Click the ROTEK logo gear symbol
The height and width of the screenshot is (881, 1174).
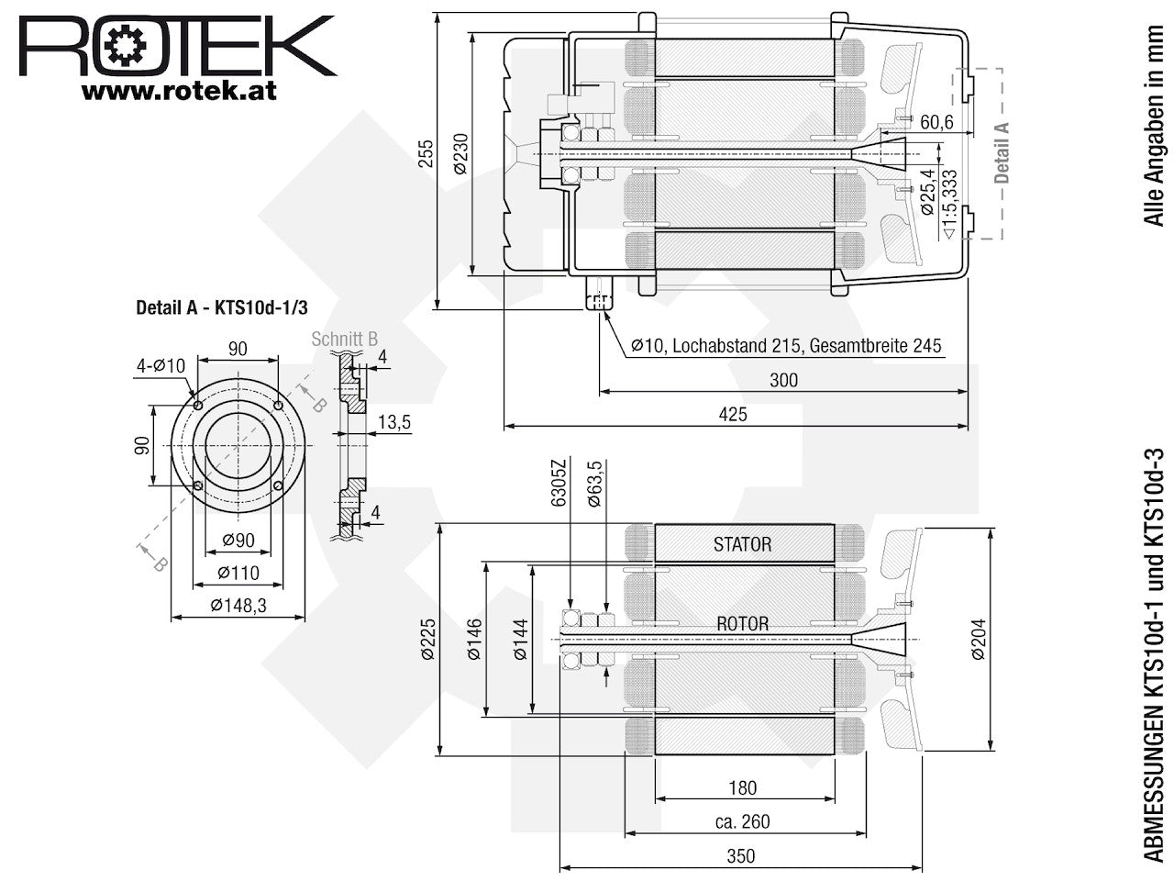pyautogui.click(x=125, y=46)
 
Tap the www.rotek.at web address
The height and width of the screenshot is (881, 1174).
pyautogui.click(x=179, y=91)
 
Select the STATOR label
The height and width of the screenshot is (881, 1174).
pyautogui.click(x=742, y=544)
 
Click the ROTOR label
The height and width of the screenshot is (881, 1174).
pyautogui.click(x=742, y=624)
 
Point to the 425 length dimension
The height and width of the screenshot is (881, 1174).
pyautogui.click(x=733, y=415)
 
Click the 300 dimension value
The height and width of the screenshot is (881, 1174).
pyautogui.click(x=783, y=380)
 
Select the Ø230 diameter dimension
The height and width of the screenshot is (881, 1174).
pyautogui.click(x=460, y=153)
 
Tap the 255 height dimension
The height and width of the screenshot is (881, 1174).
pyautogui.click(x=426, y=153)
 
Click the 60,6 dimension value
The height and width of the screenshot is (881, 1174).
pyautogui.click(x=936, y=122)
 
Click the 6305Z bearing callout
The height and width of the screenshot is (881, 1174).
pyautogui.click(x=558, y=483)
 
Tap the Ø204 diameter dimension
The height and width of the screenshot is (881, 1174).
pyautogui.click(x=978, y=640)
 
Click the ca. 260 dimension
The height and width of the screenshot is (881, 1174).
pyautogui.click(x=742, y=821)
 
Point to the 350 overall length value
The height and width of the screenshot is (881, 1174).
pyautogui.click(x=741, y=856)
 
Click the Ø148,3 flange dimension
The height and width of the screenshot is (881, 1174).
pyautogui.click(x=238, y=606)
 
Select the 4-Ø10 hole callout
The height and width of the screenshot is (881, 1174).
pyautogui.click(x=161, y=366)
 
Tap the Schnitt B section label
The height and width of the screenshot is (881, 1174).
pyautogui.click(x=345, y=340)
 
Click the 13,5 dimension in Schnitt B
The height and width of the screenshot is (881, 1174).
pyautogui.click(x=394, y=422)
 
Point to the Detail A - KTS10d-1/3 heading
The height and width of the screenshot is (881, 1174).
pyautogui.click(x=222, y=307)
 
